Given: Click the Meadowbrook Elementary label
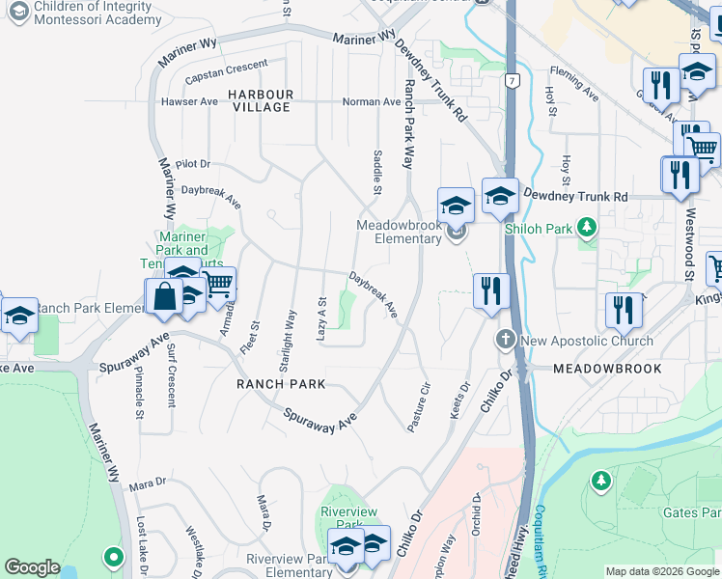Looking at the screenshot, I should coord(399,232).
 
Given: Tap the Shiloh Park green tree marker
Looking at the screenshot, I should coord(585,229).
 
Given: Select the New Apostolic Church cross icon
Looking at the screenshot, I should coord(505,340).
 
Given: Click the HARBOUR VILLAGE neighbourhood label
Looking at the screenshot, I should coord(261,100).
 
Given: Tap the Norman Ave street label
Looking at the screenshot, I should coord(373,101).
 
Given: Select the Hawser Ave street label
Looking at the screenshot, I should coord(190,101).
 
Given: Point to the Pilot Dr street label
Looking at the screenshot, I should coord(193,165).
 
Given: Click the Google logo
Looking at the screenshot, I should coord(32,567).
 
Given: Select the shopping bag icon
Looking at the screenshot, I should coord(164,296).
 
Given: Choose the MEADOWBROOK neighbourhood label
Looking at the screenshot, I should coord(607,369).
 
